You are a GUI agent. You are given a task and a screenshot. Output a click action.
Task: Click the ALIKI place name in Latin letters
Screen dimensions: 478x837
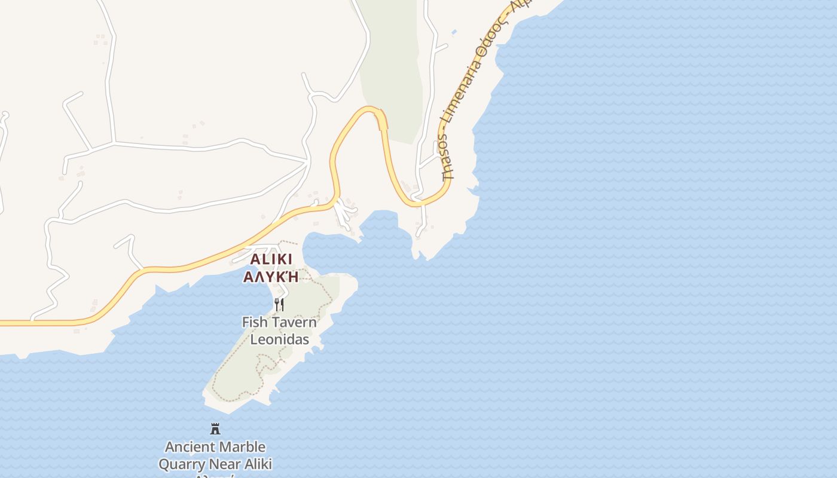coord(271,259)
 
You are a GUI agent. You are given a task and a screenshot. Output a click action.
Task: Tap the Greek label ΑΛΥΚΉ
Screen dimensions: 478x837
coord(271,277)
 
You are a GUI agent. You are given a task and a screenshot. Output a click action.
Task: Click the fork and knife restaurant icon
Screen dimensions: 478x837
coord(279,305)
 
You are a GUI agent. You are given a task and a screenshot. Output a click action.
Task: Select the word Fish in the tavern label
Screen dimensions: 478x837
coord(253,322)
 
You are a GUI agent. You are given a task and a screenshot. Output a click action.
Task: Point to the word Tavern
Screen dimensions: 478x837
coord(294,322)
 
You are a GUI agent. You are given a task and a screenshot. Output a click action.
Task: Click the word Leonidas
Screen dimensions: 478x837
coord(279,339)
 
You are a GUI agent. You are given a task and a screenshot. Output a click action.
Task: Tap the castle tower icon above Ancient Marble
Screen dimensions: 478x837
coord(215,428)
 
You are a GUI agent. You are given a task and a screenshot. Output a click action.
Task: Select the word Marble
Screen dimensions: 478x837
coord(242,447)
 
